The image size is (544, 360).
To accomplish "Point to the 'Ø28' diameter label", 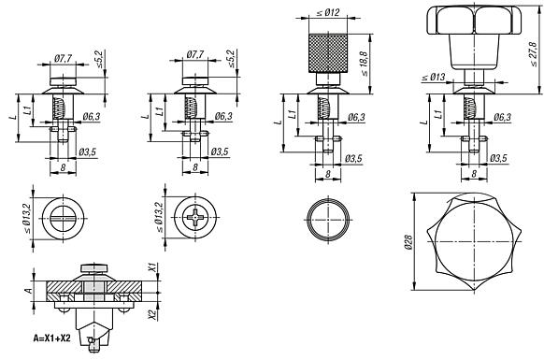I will click(409, 240).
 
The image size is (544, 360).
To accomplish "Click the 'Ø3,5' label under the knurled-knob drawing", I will click(353, 158).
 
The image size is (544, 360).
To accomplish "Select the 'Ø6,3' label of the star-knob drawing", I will click(501, 118).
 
